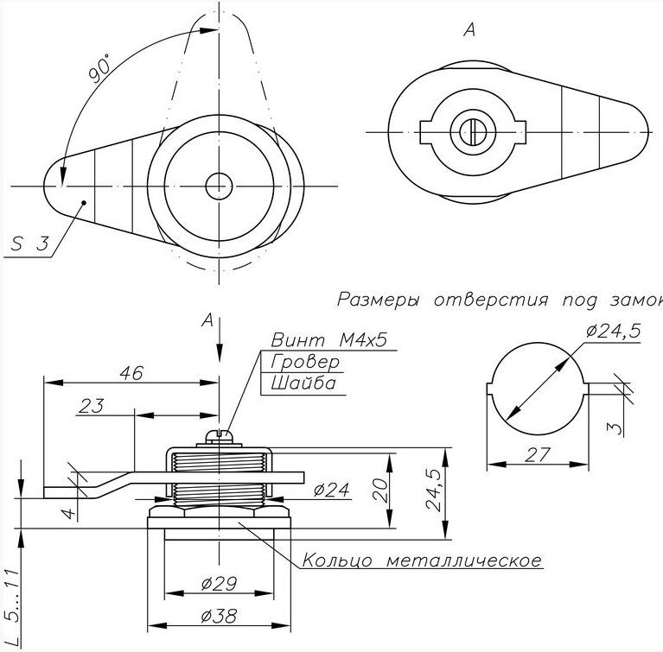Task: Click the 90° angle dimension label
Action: pyautogui.click(x=99, y=67)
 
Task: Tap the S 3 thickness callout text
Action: pyautogui.click(x=29, y=244)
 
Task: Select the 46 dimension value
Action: pyautogui.click(x=131, y=373)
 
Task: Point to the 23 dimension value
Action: pyautogui.click(x=92, y=406)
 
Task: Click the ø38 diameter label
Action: pyautogui.click(x=219, y=616)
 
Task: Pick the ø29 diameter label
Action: pyautogui.click(x=219, y=584)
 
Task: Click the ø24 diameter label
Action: pyautogui.click(x=332, y=490)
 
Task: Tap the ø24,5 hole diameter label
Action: pyautogui.click(x=614, y=332)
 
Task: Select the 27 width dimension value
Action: pyautogui.click(x=538, y=454)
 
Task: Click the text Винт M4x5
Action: pyautogui.click(x=329, y=340)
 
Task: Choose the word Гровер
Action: pyautogui.click(x=305, y=362)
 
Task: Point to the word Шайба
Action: pyautogui.click(x=303, y=383)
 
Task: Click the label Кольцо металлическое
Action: pyautogui.click(x=422, y=560)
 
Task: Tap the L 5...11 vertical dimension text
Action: pyautogui.click(x=14, y=607)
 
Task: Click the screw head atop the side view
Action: pyautogui.click(x=219, y=437)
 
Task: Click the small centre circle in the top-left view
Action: pyautogui.click(x=219, y=186)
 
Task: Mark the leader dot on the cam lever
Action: pyautogui.click(x=84, y=203)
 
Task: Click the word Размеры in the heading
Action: pyautogui.click(x=379, y=300)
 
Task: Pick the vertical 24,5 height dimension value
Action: pyautogui.click(x=434, y=491)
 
